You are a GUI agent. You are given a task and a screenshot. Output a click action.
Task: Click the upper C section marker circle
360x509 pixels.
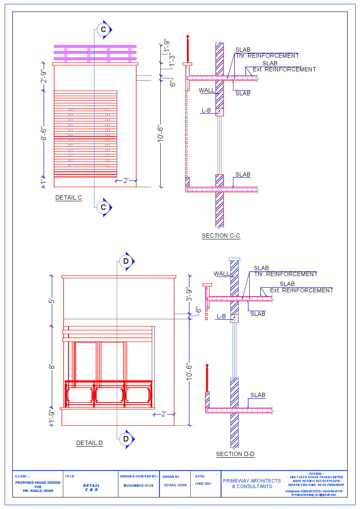[103, 29]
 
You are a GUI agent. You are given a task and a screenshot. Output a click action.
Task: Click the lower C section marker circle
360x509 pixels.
[103, 207]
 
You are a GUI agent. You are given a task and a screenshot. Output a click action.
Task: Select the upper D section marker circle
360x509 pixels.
[126, 261]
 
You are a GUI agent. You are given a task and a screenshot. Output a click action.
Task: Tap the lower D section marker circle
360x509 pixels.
[126, 439]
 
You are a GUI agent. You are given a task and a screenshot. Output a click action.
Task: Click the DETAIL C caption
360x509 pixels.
[68, 198]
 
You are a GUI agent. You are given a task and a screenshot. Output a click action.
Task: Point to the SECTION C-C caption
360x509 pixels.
[221, 235]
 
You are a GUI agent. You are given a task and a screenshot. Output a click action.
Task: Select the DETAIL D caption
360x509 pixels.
[89, 443]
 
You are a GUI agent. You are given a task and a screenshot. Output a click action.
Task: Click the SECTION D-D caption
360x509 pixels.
[235, 454]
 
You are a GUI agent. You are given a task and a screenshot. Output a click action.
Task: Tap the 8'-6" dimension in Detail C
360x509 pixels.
[43, 136]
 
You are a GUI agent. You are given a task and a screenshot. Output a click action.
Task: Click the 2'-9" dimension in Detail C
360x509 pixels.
[43, 77]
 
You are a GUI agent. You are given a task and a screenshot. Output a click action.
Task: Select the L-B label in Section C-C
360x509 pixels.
[206, 111]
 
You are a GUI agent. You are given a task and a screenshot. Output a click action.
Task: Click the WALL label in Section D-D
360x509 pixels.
[221, 274]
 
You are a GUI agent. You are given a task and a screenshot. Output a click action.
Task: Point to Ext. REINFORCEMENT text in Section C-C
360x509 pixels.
[284, 70]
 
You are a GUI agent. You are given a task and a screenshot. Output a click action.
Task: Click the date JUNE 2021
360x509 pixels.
[203, 484]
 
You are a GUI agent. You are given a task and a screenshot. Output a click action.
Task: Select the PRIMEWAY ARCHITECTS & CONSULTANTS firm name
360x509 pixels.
[252, 483]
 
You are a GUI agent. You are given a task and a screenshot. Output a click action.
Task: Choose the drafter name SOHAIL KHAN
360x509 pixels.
[175, 485]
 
